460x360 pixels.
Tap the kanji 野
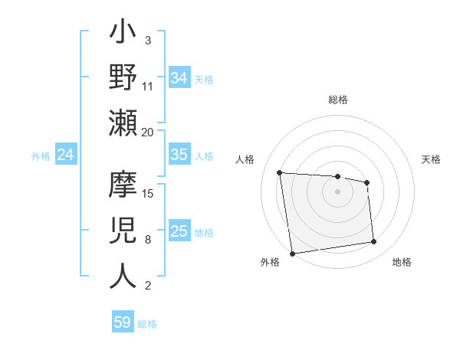123,78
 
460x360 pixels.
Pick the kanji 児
123,231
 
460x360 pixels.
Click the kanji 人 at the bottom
123,275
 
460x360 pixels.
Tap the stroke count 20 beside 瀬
148,133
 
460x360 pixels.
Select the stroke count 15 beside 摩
148,193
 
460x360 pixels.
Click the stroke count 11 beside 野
148,86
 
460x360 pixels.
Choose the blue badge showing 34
179,78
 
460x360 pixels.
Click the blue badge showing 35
179,155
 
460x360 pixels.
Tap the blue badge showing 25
179,231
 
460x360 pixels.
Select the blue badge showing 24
66,155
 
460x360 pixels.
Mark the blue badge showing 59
123,322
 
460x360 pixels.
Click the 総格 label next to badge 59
148,324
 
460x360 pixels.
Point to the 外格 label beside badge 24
41,156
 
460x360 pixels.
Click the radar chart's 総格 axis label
337,100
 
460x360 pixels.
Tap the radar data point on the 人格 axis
280,172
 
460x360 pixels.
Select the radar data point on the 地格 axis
373,242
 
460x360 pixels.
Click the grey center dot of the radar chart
337,191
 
